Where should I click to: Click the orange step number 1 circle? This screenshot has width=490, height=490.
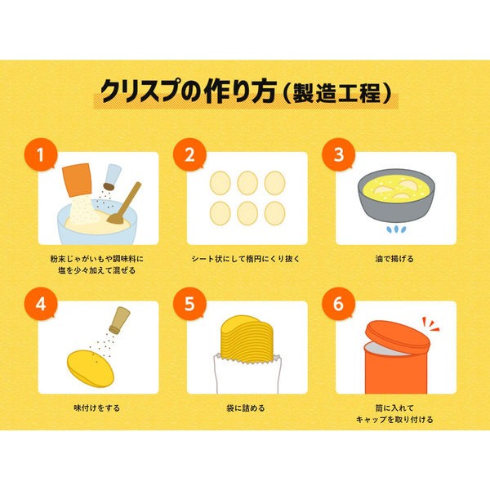(x=41, y=154)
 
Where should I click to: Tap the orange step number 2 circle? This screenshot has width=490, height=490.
(x=189, y=154)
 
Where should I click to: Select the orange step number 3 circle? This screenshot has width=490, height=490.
(x=339, y=154)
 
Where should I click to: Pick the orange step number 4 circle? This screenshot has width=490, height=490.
(x=41, y=304)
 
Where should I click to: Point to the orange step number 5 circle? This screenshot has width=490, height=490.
(x=189, y=304)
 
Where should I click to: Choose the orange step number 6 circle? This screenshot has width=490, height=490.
(x=339, y=304)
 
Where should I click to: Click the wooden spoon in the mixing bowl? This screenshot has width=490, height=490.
(x=124, y=203)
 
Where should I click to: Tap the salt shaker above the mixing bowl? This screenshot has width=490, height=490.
(x=112, y=177)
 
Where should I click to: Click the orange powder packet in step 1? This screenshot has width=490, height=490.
(x=77, y=180)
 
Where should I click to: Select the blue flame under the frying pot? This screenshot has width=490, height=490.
(x=396, y=229)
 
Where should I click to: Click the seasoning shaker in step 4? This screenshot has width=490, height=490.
(x=119, y=320)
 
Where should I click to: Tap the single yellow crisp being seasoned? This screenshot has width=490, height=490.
(x=91, y=369)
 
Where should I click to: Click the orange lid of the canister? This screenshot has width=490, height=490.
(x=398, y=337)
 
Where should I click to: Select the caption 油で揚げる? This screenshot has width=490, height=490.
(x=394, y=259)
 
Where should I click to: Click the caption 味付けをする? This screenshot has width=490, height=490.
(x=97, y=408)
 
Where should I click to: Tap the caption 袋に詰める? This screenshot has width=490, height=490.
(x=246, y=408)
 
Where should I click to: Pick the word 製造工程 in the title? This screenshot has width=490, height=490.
(x=336, y=93)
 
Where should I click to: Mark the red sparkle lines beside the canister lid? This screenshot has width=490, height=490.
(x=430, y=324)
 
